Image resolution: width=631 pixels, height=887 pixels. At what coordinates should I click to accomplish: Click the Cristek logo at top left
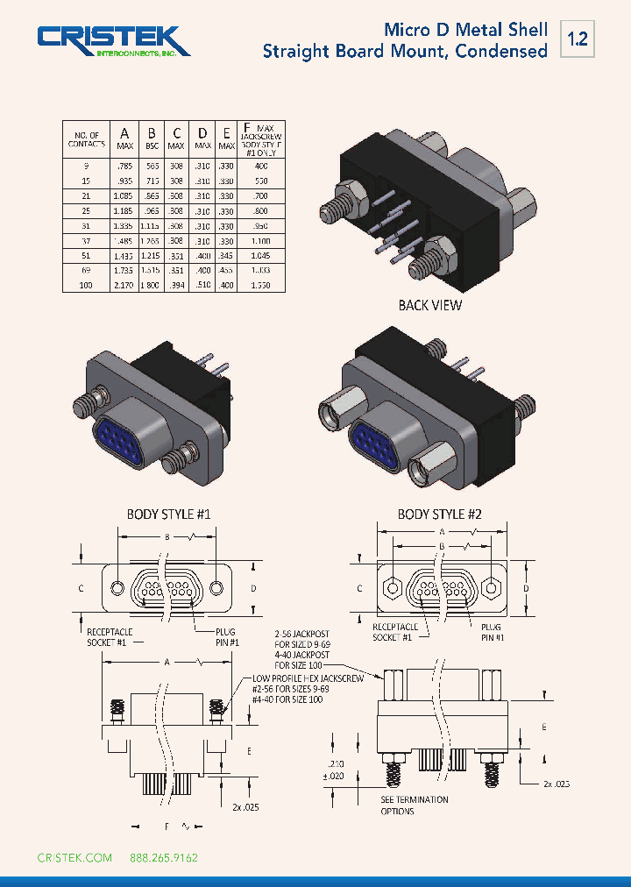tap(112, 41)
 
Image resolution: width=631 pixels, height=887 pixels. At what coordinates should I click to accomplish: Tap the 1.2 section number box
tap(577, 39)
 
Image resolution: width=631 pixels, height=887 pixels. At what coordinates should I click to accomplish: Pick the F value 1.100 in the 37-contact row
tap(259, 240)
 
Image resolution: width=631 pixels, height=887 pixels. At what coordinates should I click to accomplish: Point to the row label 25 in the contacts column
tap(86, 211)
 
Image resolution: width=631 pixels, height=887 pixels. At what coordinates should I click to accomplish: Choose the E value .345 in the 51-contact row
tap(227, 256)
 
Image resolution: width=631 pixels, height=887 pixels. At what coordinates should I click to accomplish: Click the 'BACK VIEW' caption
tap(429, 305)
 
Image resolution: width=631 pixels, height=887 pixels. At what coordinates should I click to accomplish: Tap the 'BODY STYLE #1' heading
tap(168, 514)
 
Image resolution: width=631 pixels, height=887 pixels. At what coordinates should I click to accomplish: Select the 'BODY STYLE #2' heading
tap(439, 514)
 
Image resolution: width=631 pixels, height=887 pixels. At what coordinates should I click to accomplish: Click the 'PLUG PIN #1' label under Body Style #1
tap(225, 636)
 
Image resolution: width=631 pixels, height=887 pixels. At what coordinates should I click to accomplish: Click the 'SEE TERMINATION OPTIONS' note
tap(414, 805)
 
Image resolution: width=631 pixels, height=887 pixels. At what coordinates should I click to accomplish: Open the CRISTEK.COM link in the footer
tap(74, 857)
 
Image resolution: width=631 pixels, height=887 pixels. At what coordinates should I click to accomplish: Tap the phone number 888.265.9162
tap(164, 857)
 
